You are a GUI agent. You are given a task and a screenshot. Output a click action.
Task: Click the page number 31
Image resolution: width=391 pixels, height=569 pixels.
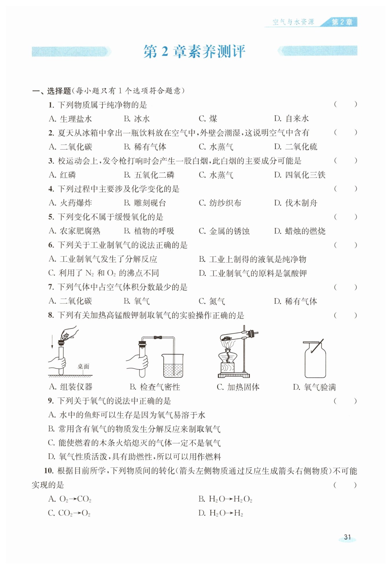coord(347,537)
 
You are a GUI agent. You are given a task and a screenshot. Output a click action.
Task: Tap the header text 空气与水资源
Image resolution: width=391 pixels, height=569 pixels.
coord(293,22)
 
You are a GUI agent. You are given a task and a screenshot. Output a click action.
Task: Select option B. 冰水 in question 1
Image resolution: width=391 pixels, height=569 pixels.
coord(137,119)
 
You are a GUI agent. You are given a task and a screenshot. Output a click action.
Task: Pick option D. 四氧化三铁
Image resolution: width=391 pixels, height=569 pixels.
coord(300,175)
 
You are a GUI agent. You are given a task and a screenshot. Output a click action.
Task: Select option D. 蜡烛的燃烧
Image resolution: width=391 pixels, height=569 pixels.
coord(300,231)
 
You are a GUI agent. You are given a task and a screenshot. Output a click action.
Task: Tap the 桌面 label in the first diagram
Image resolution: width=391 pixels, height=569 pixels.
coord(83,366)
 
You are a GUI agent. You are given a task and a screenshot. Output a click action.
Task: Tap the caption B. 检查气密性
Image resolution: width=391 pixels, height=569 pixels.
coord(155,387)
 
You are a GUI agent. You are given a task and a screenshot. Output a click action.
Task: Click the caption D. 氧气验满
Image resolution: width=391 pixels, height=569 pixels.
coord(314,387)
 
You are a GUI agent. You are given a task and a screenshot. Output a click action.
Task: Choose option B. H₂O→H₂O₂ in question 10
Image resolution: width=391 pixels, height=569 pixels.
coord(225,499)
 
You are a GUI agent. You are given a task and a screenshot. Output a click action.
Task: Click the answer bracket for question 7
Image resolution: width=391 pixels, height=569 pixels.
coord(345,287)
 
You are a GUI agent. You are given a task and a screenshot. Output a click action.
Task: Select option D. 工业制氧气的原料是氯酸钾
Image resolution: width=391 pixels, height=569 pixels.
coord(253,273)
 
